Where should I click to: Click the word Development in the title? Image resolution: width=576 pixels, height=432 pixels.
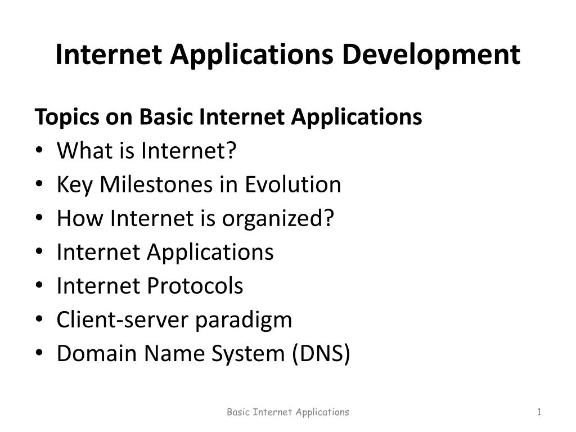click(x=431, y=55)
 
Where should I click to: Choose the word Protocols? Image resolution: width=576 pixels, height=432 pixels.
click(x=195, y=286)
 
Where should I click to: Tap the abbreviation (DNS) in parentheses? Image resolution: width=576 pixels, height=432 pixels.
click(x=321, y=354)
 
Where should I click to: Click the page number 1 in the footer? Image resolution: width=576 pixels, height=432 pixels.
click(x=539, y=412)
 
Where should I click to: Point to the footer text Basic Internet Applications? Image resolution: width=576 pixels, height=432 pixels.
click(x=288, y=412)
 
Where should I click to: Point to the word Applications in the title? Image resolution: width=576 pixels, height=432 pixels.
click(x=251, y=55)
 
